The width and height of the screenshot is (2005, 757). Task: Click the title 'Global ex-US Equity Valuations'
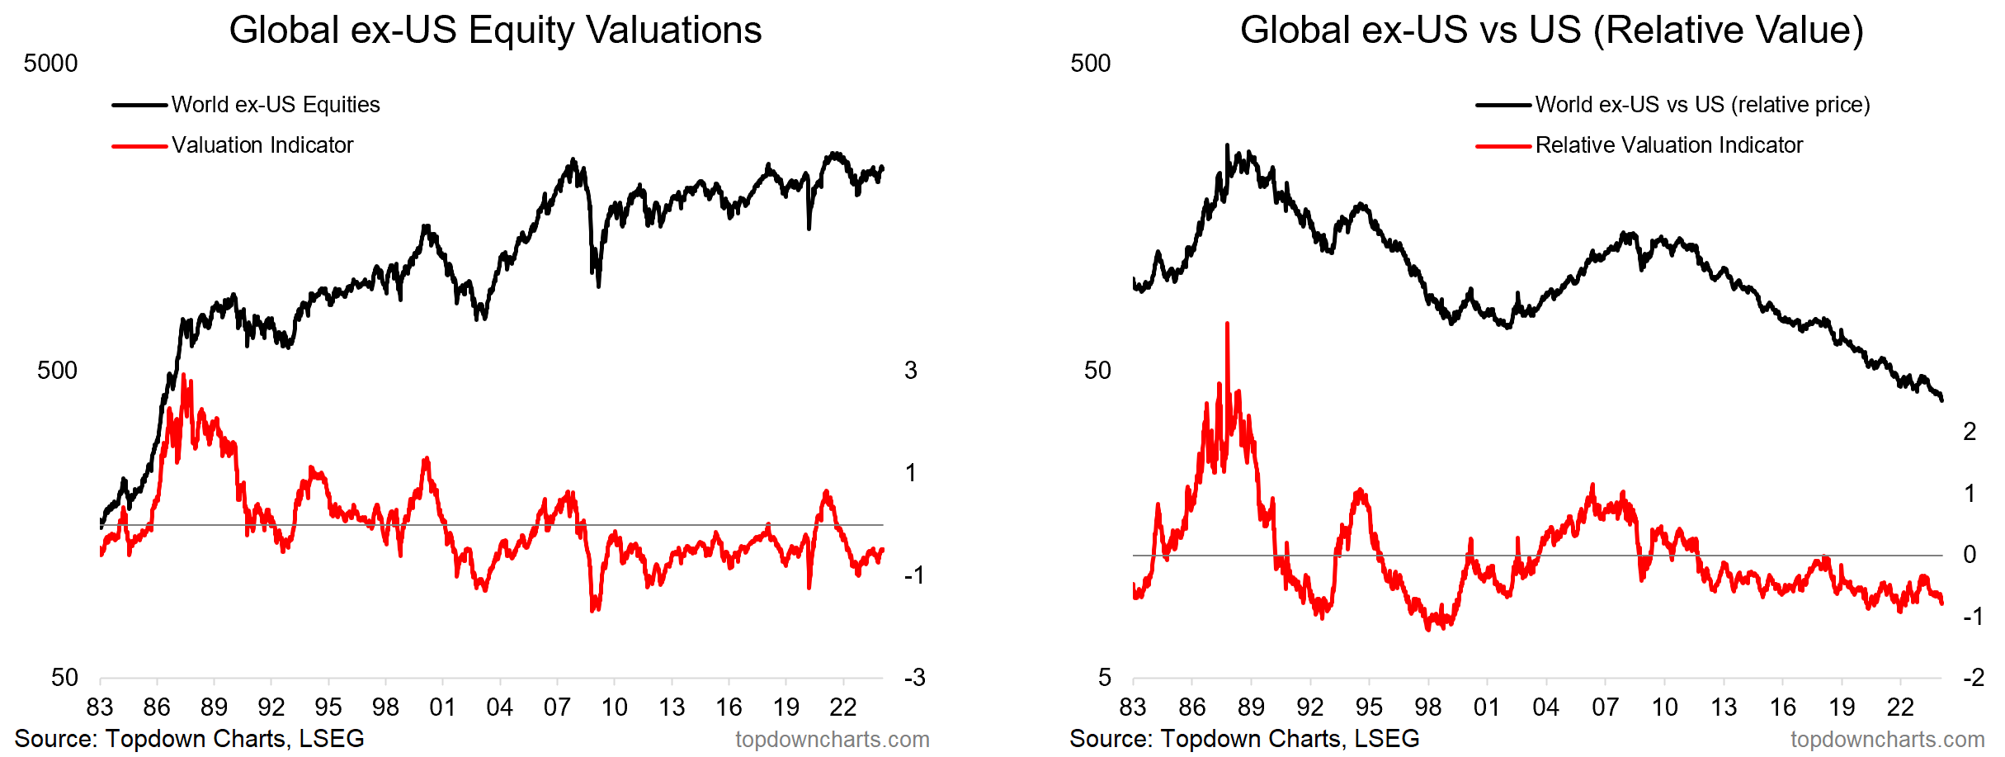click(495, 31)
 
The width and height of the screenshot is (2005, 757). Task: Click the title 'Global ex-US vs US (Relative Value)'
click(1551, 31)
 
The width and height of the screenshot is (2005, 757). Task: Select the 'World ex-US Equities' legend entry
click(275, 105)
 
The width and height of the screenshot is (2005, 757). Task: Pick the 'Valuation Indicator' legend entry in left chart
click(262, 145)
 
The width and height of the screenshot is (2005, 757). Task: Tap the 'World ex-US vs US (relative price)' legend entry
click(1702, 105)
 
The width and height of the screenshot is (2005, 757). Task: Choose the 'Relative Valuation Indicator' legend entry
click(1668, 145)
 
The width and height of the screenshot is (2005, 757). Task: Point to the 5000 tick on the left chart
click(50, 64)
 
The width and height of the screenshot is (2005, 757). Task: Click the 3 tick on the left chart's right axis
click(910, 371)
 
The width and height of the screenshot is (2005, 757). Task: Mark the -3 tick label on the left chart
click(913, 678)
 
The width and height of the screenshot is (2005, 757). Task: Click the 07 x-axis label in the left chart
click(557, 707)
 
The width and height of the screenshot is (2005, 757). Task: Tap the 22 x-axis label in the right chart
click(1900, 707)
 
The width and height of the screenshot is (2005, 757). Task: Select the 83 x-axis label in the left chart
click(100, 707)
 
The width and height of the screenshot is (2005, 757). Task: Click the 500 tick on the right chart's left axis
click(1090, 64)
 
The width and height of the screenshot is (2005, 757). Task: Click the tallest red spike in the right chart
click(1227, 324)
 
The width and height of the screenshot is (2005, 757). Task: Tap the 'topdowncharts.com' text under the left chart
click(832, 740)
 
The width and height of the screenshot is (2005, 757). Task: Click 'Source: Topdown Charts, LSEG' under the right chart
click(1244, 738)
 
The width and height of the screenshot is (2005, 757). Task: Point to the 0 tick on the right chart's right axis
click(1970, 555)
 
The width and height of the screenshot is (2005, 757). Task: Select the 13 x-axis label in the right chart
click(1724, 707)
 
